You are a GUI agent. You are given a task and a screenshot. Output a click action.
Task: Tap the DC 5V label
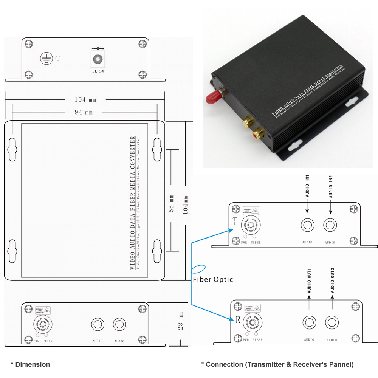point(98,70)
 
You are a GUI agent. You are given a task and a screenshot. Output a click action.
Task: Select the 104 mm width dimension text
point(85,100)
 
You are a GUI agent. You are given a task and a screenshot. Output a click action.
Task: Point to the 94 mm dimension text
point(84,112)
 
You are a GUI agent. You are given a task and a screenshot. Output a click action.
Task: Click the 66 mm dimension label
point(171,203)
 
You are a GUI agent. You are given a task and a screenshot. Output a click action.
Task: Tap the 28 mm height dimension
point(181,321)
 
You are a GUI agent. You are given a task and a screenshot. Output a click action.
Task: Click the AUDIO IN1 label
point(308,186)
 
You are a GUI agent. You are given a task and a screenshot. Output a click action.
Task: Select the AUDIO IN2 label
point(331,186)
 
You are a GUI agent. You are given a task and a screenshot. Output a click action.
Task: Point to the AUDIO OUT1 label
point(309,281)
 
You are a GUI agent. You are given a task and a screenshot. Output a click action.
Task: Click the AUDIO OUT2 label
point(332,281)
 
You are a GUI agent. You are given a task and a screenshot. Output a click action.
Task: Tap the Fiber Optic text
point(213,280)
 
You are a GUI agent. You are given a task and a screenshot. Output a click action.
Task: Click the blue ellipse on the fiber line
point(198,269)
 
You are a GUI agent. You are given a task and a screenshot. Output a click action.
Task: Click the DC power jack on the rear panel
point(98,59)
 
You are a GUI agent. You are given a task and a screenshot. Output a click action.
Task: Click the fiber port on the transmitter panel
point(251,226)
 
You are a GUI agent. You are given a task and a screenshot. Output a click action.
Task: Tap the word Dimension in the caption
point(33,364)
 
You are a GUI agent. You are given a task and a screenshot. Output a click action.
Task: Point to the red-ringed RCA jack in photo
point(259,133)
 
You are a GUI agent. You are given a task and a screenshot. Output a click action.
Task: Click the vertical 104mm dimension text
point(186,204)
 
